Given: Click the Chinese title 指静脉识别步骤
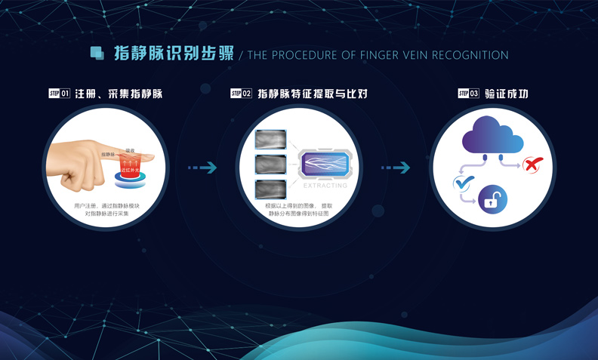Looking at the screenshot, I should click(173, 54).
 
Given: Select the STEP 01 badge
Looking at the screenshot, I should click(59, 94).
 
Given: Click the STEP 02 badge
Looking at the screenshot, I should click(241, 94).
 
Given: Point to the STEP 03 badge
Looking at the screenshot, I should click(468, 94).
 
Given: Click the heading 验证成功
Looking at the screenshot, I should click(506, 94).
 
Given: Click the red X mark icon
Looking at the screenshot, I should click(533, 164).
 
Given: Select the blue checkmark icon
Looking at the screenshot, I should click(461, 183).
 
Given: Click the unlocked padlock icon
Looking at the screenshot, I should click(492, 200).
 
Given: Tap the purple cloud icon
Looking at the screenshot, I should click(492, 135).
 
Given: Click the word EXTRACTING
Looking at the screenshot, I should click(325, 185).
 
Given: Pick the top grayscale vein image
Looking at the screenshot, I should click(270, 140).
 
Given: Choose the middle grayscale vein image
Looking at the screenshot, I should click(270, 165).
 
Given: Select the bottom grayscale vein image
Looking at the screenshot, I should click(270, 189).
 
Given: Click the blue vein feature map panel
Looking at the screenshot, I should click(325, 165).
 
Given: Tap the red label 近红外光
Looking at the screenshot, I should click(131, 171).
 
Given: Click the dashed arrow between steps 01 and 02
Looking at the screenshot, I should click(202, 168).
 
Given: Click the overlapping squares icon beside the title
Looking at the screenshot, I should click(97, 54).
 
